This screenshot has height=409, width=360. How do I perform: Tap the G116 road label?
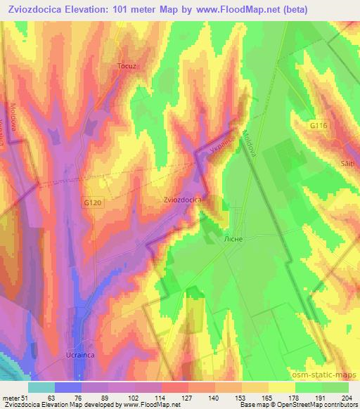(x=319, y=124)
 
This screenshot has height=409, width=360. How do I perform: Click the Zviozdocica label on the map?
(x=184, y=200)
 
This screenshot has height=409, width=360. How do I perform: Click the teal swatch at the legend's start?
(x=41, y=387)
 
